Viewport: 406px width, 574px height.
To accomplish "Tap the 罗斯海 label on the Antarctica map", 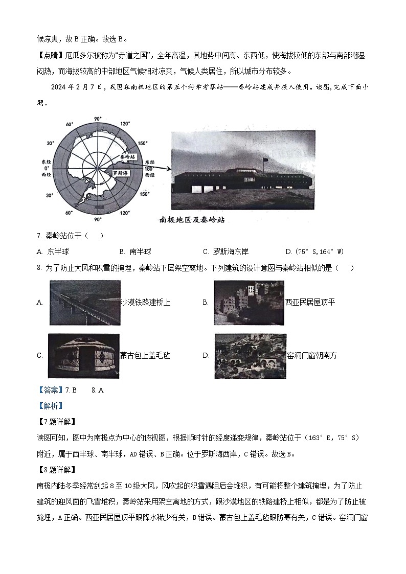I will click(121, 173).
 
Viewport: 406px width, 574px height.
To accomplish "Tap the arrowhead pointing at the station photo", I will click(168, 167).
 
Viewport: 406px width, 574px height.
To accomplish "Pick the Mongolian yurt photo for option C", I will click(83, 356).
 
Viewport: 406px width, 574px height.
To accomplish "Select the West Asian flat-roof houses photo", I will click(249, 303).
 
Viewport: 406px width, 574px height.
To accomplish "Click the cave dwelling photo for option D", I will click(250, 356).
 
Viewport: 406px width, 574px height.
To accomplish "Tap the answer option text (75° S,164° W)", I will click(314, 251).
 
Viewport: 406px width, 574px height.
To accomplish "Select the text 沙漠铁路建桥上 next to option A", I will click(145, 303).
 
